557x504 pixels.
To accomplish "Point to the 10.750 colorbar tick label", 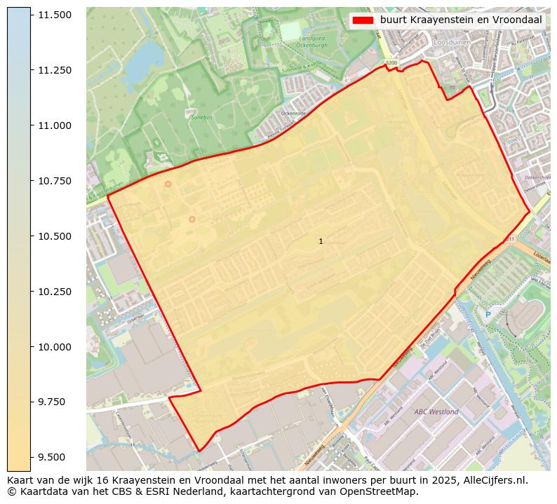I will point(55,181).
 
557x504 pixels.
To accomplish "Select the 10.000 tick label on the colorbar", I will point(55,347).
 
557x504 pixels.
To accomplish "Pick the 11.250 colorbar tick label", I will point(55,70).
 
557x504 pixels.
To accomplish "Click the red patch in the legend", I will point(363,20).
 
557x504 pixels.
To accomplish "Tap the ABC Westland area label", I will point(436,411).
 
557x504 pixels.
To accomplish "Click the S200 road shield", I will point(391,63).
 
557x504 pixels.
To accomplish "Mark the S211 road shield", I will point(509,239).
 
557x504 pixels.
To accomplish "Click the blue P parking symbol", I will point(488,315).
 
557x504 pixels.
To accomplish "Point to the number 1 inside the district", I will point(321,241).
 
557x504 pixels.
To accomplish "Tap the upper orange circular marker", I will point(168,184).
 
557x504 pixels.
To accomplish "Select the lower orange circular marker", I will point(192,219).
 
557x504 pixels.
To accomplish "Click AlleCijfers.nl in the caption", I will point(492,480).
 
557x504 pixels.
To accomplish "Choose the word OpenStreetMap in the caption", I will point(383,491).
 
